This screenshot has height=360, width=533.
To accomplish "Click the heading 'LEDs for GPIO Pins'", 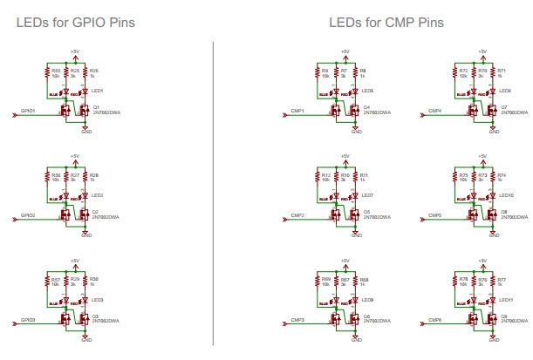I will coord(75,21).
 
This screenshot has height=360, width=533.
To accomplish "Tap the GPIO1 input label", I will coord(30,111).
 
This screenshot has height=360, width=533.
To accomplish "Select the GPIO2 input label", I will coord(30,214).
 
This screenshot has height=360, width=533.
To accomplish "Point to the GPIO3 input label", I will coord(30,320).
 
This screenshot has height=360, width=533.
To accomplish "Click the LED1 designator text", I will coord(97,91).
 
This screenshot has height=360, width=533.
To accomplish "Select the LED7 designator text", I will coord(367,195).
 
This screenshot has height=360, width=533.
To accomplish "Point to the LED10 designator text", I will coord(506,195).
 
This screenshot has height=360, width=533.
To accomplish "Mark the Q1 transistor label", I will coord(96,107).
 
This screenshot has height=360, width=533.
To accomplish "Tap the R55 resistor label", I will coord(56,70).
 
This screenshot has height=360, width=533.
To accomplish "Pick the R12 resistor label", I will coord(325,174).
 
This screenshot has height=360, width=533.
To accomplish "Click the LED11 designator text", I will coord(506,300).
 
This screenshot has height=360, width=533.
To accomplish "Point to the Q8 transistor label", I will coord(504,211).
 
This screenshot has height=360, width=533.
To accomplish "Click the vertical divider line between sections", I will coord(214,192).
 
